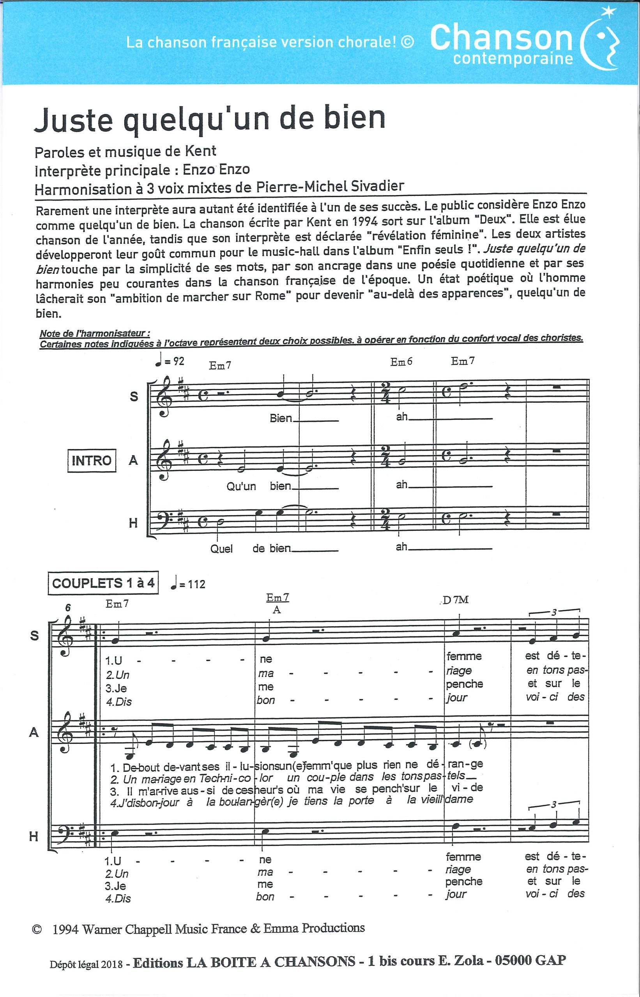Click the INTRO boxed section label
pos(92,460)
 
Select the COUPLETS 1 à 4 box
pos(103,583)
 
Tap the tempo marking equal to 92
pos(170,361)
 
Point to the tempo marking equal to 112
pos(188,584)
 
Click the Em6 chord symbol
pos(401,362)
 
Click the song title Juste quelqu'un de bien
pos(209,119)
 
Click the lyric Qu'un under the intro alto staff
pos(241,486)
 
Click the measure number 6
pos(68,608)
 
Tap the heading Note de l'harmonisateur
pos(94,333)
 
